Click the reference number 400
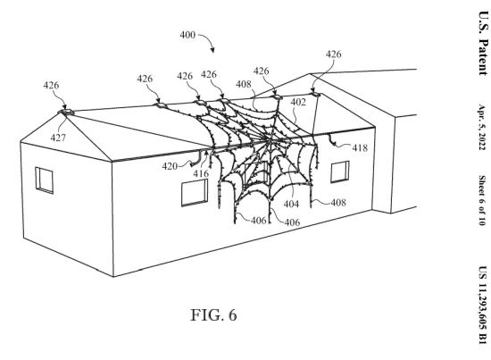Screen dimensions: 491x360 tap(187, 35)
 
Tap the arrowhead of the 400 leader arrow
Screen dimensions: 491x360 tap(212, 50)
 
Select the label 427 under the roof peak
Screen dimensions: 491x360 tap(58, 138)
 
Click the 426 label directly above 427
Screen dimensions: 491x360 tap(51, 85)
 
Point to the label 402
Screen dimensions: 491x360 tap(298, 102)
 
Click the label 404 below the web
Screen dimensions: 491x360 tap(291, 204)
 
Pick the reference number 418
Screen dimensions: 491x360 tap(360, 147)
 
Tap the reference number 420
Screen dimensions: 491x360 tap(170, 166)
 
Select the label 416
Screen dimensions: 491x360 tap(201, 173)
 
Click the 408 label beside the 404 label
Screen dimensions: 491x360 tap(338, 203)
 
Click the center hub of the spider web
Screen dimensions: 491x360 tap(270, 140)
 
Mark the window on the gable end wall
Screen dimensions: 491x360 tap(44, 180)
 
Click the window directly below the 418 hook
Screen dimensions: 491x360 tap(340, 172)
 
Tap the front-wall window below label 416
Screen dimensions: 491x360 tap(195, 193)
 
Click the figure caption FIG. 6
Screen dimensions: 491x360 tap(214, 314)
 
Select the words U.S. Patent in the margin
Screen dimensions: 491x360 tap(483, 43)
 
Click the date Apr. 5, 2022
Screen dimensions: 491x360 tap(481, 127)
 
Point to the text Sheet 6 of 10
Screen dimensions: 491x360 tap(481, 200)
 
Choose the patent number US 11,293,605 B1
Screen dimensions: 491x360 tap(483, 305)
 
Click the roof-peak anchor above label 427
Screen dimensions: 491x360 tap(66, 112)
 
